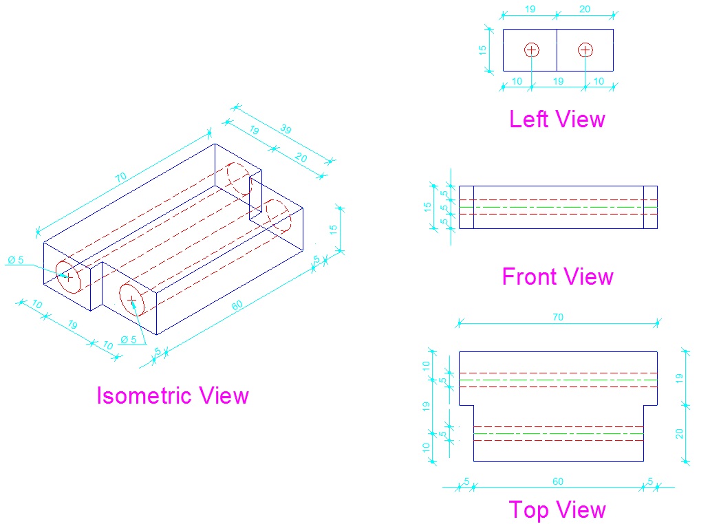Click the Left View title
557,120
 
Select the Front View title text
557,277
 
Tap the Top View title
557,510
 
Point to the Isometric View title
172,396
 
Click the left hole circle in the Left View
531,50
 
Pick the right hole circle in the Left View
585,50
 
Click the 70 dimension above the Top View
558,317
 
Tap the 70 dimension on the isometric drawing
121,177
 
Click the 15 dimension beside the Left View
483,50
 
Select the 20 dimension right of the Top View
680,433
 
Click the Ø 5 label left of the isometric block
15,261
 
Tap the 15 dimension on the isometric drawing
334,230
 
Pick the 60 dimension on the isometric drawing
237,304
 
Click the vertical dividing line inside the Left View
557,50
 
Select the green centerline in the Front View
558,207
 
